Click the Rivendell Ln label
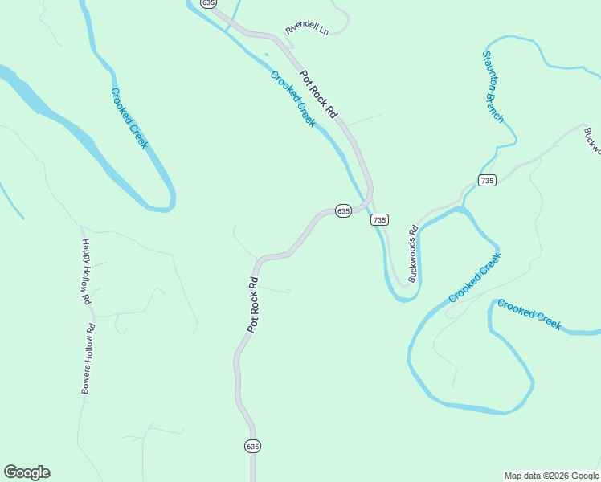(308, 29)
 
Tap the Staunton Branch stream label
(493, 87)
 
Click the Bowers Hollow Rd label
(88, 357)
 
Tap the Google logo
(27, 472)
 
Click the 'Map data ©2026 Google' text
(552, 476)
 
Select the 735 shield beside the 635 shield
(380, 219)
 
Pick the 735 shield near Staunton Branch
(486, 180)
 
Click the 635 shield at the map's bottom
(252, 446)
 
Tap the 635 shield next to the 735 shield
(343, 210)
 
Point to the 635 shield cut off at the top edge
(209, 3)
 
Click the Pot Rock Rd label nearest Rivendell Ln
(318, 94)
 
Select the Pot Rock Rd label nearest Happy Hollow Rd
(253, 305)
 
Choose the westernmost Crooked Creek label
(129, 118)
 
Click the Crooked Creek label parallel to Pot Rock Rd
(292, 99)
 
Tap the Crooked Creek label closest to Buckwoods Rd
(474, 278)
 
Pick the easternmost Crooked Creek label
(529, 314)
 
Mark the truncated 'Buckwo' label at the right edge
(592, 140)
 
